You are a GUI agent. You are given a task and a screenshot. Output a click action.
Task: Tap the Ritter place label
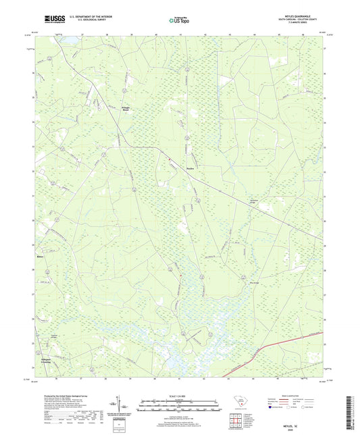tap(40, 257)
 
